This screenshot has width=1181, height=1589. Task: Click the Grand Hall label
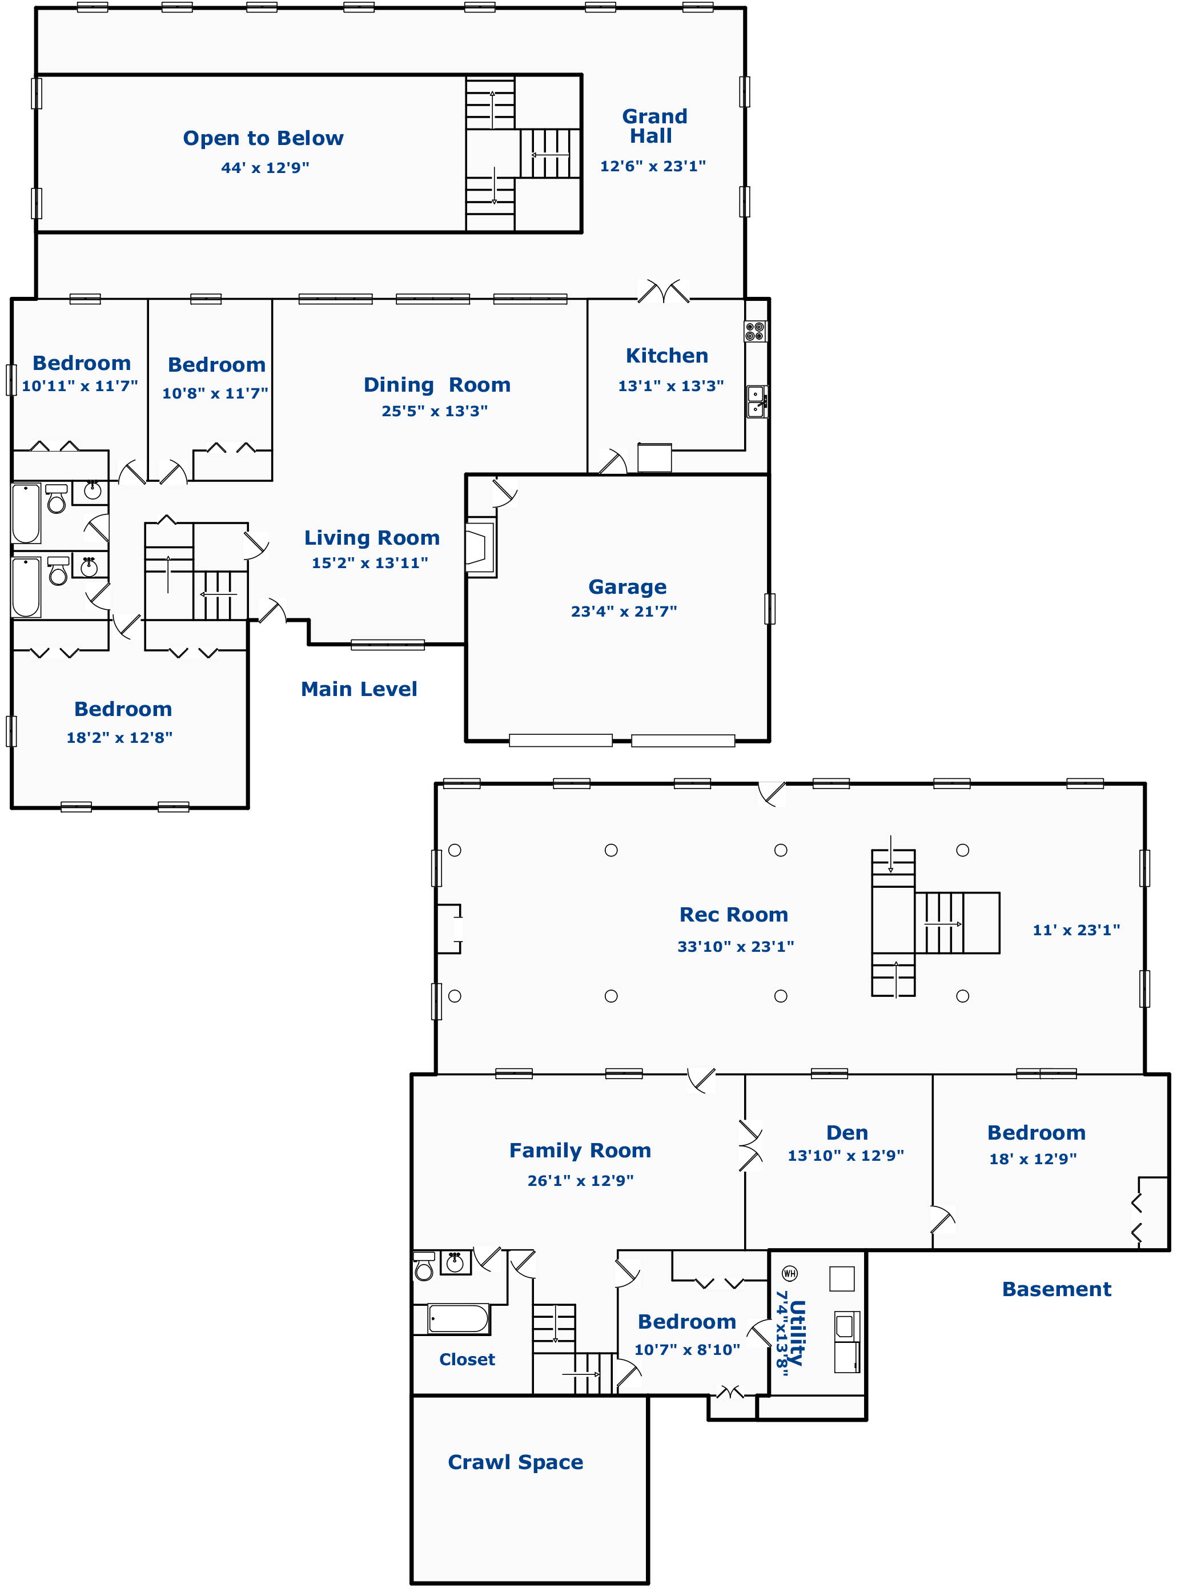tap(654, 126)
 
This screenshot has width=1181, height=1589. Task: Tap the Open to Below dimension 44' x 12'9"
tap(264, 168)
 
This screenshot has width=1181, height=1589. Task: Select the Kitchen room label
tap(667, 356)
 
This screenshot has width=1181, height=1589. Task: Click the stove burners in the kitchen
tap(755, 332)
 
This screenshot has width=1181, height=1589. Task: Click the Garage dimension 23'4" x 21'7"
tap(624, 611)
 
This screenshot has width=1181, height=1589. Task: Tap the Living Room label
tap(372, 537)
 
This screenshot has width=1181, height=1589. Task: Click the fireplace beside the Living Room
tap(480, 548)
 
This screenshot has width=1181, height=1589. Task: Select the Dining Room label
tap(437, 385)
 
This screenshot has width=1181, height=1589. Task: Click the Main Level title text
tap(359, 689)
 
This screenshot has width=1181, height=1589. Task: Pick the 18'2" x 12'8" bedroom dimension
tap(119, 737)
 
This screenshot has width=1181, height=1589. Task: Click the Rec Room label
tap(733, 914)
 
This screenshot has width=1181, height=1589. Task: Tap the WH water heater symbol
tap(789, 1273)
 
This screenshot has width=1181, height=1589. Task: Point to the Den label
tap(847, 1132)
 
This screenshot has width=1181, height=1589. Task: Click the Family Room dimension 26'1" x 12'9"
tap(580, 1180)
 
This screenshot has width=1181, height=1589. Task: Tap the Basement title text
tap(1057, 1289)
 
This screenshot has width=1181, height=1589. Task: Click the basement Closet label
tap(467, 1359)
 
